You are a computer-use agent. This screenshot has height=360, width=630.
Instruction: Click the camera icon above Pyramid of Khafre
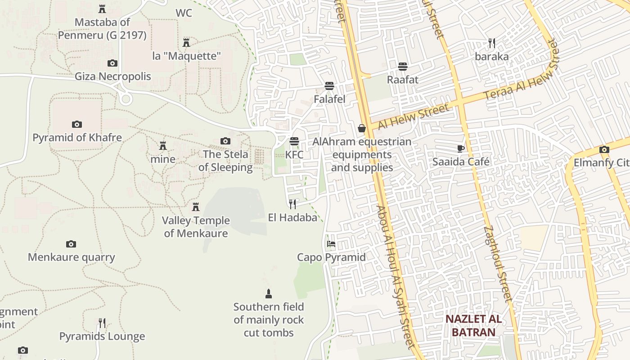pyautogui.click(x=77, y=124)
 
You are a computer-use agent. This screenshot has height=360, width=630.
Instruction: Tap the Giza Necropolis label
pyautogui.click(x=113, y=76)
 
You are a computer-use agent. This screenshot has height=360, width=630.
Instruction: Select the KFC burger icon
pyautogui.click(x=294, y=141)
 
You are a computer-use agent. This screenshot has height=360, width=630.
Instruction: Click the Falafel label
pyautogui.click(x=329, y=99)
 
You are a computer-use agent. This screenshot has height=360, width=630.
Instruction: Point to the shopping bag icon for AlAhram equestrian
pyautogui.click(x=361, y=128)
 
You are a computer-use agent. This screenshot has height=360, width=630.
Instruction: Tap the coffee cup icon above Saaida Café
pyautogui.click(x=460, y=148)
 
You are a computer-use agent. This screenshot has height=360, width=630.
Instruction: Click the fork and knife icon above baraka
pyautogui.click(x=492, y=43)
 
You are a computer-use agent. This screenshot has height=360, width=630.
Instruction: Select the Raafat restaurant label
pyautogui.click(x=403, y=80)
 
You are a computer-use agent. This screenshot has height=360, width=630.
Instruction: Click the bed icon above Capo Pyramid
pyautogui.click(x=331, y=244)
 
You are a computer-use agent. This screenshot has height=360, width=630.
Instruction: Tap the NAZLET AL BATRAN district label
pyautogui.click(x=473, y=326)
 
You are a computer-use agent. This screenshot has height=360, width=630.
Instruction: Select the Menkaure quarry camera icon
pyautogui.click(x=71, y=244)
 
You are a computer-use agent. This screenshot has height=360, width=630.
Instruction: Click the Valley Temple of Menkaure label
pyautogui.click(x=196, y=227)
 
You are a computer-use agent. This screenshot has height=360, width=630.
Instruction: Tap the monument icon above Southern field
pyautogui.click(x=269, y=294)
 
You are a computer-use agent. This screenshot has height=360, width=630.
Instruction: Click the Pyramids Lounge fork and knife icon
pyautogui.click(x=102, y=323)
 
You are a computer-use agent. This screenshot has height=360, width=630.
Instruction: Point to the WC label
pyautogui.click(x=184, y=13)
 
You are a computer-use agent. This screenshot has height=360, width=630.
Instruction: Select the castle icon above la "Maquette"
pyautogui.click(x=186, y=43)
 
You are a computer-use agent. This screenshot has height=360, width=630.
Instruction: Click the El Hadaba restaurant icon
pyautogui.click(x=292, y=204)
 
